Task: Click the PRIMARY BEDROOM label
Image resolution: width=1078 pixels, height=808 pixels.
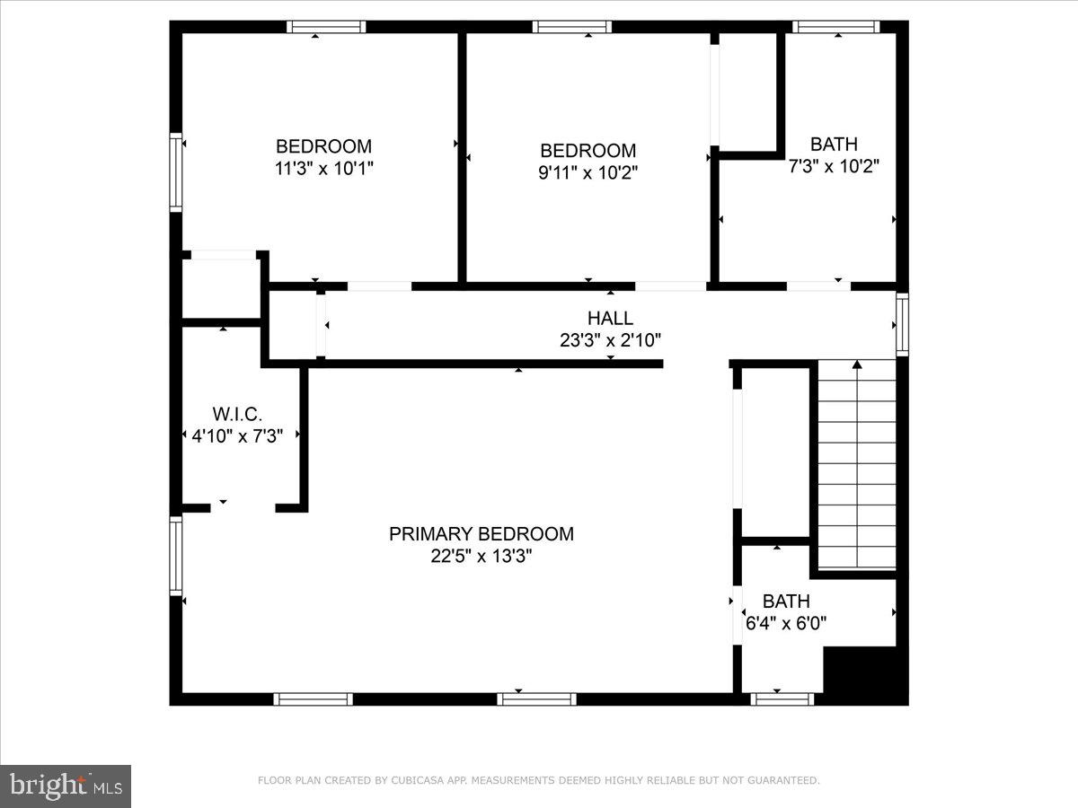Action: (481, 534)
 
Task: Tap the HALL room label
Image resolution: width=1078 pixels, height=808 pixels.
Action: (610, 318)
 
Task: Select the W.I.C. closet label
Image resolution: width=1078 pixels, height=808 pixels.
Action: (237, 415)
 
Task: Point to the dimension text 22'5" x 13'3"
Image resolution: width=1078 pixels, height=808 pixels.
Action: (481, 557)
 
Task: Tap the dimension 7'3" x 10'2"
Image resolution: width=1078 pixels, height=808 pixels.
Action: (833, 166)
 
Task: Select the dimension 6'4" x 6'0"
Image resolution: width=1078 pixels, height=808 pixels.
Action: (785, 622)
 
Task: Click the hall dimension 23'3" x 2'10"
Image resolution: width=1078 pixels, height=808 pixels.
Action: (610, 340)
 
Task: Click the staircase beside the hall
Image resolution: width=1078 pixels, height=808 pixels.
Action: (857, 467)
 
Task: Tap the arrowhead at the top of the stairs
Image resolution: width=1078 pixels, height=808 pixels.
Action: (857, 364)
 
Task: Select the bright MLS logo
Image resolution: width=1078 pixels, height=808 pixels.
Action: (66, 786)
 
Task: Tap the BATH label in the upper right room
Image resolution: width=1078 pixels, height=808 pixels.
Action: (834, 144)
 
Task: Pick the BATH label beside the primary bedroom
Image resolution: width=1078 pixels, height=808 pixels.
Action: (786, 602)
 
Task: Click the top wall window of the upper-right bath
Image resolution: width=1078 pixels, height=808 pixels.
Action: (837, 27)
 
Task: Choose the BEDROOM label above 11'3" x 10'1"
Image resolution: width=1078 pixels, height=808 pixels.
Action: (323, 146)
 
